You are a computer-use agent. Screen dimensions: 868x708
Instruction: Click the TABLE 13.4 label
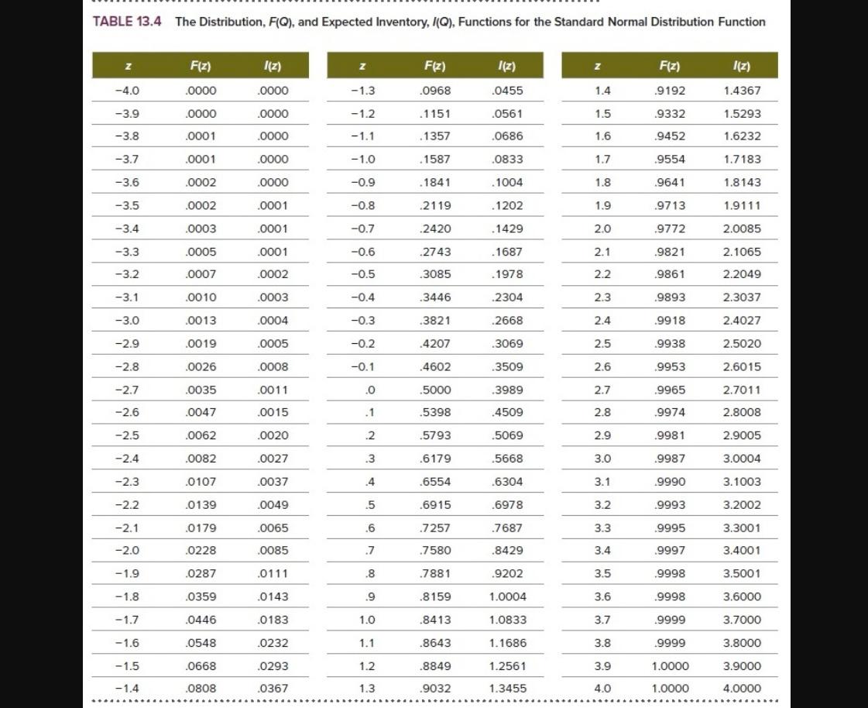127,22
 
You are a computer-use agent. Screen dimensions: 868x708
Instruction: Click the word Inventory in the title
389,22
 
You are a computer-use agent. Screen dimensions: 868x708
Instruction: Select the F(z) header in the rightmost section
668,66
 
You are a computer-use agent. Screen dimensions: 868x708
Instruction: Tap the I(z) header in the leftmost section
273,66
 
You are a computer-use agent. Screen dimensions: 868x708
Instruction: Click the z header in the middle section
362,66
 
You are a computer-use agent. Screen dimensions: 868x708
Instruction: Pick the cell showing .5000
434,390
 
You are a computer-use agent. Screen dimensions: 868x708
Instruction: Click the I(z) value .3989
508,390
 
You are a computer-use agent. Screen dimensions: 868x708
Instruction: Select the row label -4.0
127,91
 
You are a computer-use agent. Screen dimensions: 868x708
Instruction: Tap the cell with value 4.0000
742,689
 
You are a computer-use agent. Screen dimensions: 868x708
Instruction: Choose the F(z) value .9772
670,229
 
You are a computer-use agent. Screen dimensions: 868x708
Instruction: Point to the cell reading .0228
201,551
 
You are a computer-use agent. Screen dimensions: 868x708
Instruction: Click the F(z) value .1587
434,160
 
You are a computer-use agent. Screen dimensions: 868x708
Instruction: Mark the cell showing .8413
434,620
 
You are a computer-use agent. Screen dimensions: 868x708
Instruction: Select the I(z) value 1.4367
742,91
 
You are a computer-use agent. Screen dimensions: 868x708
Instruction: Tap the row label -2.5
127,435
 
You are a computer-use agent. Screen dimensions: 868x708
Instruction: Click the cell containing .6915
434,505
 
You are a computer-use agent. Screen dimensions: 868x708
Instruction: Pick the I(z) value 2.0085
742,229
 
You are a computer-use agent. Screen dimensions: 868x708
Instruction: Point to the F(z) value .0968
434,91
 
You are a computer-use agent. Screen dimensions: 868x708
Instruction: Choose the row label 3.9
602,665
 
